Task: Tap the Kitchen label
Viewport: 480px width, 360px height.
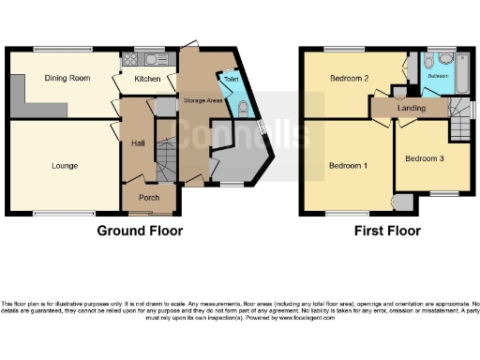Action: (x=147, y=79)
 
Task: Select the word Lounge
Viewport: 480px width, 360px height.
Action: (x=65, y=166)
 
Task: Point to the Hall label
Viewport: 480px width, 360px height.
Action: (x=137, y=142)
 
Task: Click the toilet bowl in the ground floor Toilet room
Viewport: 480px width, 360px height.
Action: (x=242, y=107)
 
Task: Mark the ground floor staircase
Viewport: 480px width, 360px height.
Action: (x=165, y=171)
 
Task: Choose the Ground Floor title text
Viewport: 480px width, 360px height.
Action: (x=140, y=230)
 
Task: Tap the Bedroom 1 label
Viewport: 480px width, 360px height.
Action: (x=347, y=166)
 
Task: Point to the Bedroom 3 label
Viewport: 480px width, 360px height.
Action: (x=425, y=158)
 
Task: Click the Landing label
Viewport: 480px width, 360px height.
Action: (x=411, y=108)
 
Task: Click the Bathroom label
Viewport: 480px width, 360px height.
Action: (x=440, y=75)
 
